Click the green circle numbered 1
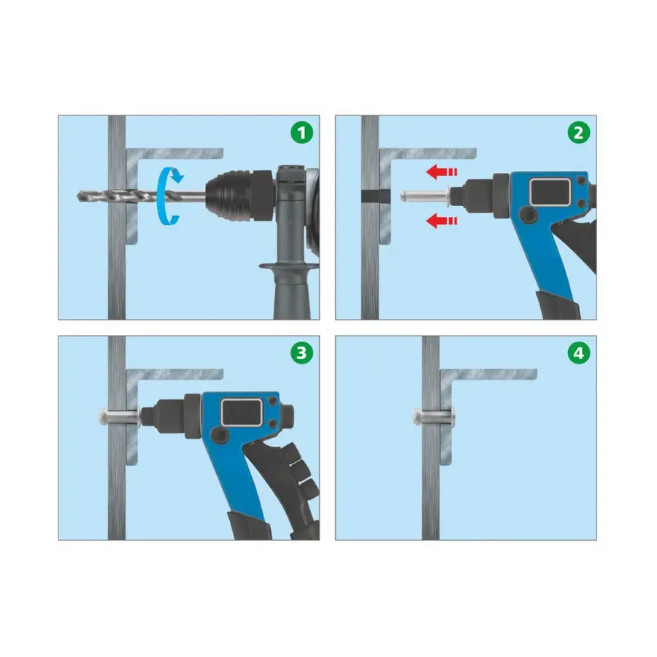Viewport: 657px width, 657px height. point(301,133)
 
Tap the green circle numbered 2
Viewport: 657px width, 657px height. point(579,133)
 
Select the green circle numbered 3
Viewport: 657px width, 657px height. point(301,353)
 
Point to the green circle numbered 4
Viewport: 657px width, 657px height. point(579,353)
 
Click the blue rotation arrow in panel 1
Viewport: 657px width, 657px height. point(161,196)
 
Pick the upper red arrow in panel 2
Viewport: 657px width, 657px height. point(441,172)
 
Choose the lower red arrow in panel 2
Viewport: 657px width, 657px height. point(441,220)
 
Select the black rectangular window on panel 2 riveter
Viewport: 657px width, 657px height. point(550,192)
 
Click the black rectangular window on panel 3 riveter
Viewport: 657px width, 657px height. point(242,412)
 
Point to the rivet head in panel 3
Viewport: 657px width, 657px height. point(103,417)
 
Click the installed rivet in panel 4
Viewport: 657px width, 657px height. point(433,417)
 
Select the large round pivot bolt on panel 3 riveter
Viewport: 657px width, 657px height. point(219,436)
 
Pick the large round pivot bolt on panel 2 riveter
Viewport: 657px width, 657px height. point(528,215)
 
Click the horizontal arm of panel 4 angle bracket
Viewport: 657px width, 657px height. point(489,374)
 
